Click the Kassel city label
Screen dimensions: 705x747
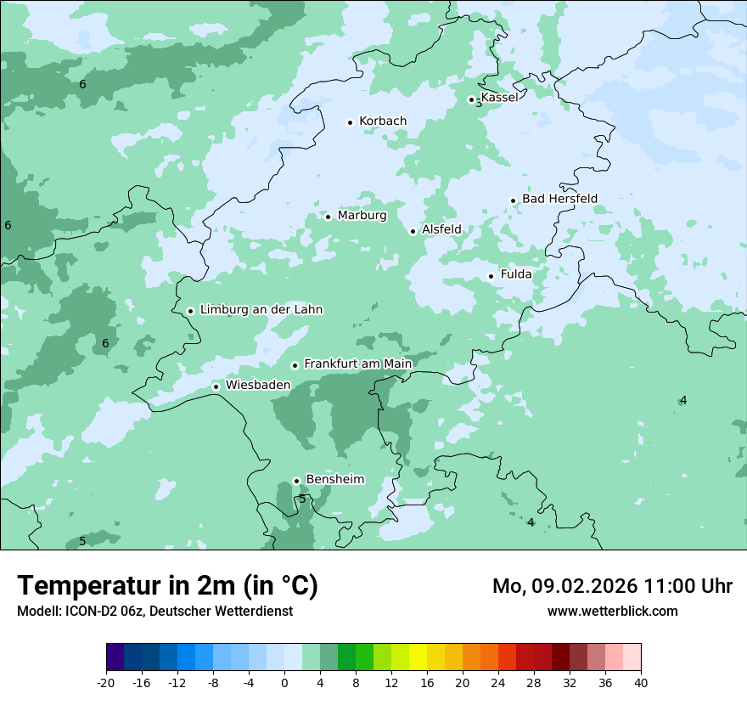click(499, 98)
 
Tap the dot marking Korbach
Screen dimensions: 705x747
click(350, 122)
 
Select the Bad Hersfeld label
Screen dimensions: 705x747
click(559, 199)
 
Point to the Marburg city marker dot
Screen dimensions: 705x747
click(328, 217)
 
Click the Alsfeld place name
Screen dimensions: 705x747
click(441, 229)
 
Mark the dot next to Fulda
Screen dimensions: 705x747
click(491, 276)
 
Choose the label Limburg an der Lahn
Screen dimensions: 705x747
click(261, 310)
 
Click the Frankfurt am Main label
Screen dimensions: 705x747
click(357, 364)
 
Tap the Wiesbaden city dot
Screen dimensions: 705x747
click(216, 386)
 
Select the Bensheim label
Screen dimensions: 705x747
click(334, 479)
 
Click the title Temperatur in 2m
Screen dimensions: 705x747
click(167, 586)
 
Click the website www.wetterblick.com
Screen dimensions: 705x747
click(612, 612)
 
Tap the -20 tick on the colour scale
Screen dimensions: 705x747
click(106, 682)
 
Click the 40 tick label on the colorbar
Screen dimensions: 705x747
click(640, 682)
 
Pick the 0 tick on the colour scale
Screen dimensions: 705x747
click(284, 682)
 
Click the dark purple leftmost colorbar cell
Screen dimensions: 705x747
click(115, 657)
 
